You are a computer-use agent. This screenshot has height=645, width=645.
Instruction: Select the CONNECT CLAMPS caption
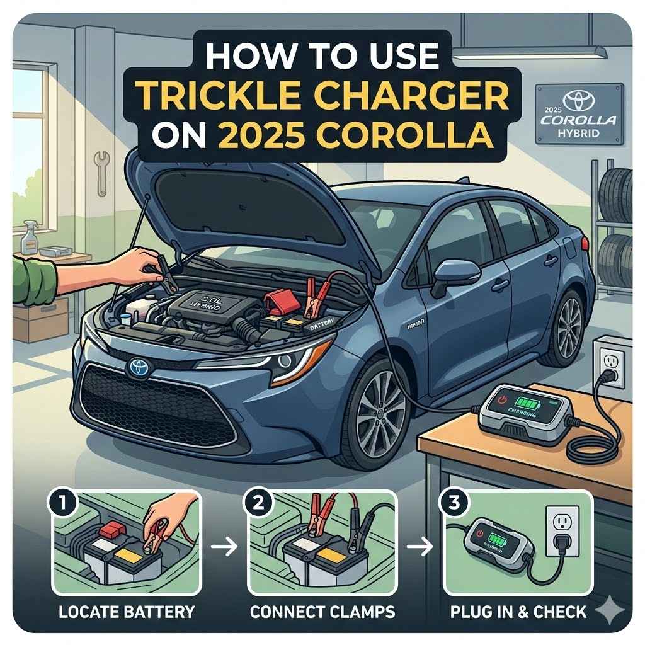tap(322, 610)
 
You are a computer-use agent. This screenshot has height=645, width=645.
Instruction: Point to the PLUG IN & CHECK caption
tap(518, 610)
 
